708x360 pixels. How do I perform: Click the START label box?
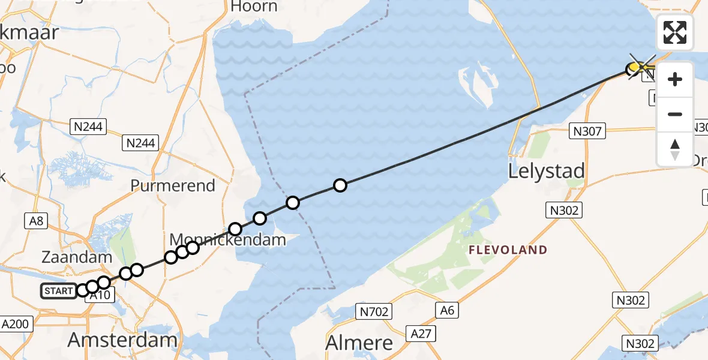click(x=59, y=292)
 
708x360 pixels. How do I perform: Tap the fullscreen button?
click(x=675, y=32)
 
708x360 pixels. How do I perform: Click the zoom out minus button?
click(x=675, y=114)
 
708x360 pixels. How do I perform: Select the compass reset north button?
click(x=675, y=149)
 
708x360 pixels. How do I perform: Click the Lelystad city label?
click(x=546, y=172)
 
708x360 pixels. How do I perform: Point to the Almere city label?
click(x=359, y=343)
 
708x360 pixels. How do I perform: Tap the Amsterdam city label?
click(x=122, y=340)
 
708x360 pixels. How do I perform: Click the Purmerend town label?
click(x=173, y=185)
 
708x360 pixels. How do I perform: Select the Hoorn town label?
click(x=254, y=7)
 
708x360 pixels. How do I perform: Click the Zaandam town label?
click(x=77, y=257)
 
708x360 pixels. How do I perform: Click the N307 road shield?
click(x=587, y=130)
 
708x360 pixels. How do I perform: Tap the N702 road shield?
click(x=373, y=311)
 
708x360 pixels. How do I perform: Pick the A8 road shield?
click(x=37, y=221)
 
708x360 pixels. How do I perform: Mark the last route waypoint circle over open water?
click(x=340, y=185)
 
